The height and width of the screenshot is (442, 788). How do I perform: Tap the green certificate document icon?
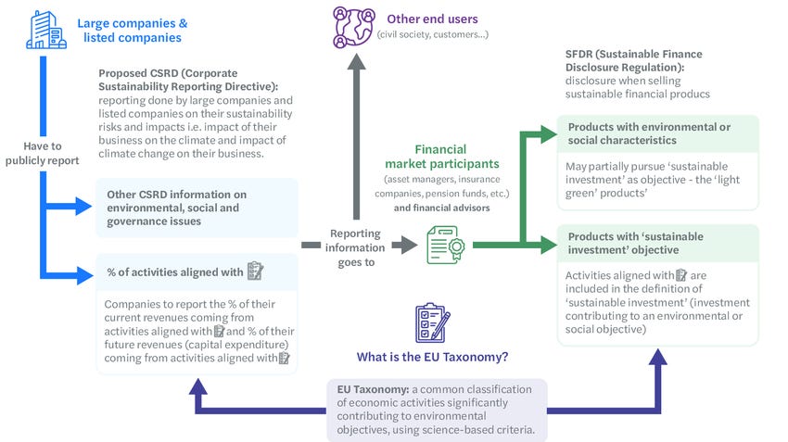click(x=443, y=246)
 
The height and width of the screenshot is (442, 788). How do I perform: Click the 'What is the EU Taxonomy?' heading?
click(x=431, y=356)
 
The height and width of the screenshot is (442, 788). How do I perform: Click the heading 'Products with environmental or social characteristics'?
click(x=648, y=133)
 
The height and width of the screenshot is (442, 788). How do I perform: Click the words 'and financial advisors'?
click(x=440, y=208)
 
